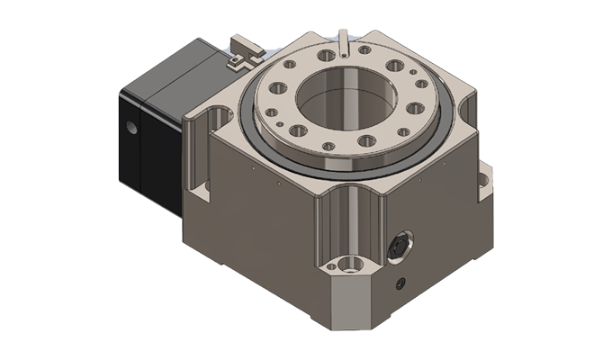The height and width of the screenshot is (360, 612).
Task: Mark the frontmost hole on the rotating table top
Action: pyautogui.click(x=328, y=146)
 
